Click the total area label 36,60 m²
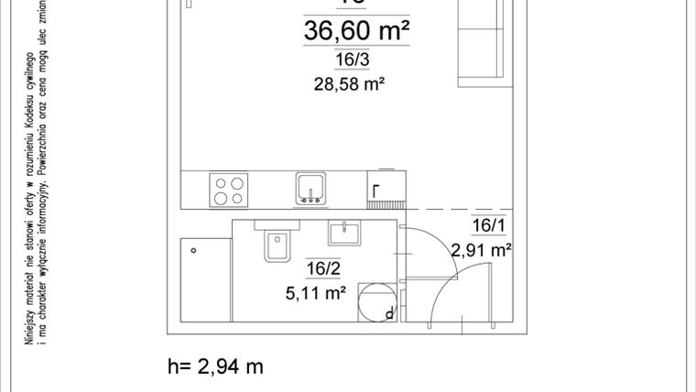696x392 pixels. [355, 32]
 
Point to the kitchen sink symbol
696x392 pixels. [311, 188]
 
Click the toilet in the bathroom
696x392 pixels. [276, 245]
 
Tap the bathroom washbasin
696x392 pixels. [348, 230]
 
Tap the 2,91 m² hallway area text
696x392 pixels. [480, 249]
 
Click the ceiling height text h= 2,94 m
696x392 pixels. [216, 366]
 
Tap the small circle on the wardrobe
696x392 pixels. [193, 248]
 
